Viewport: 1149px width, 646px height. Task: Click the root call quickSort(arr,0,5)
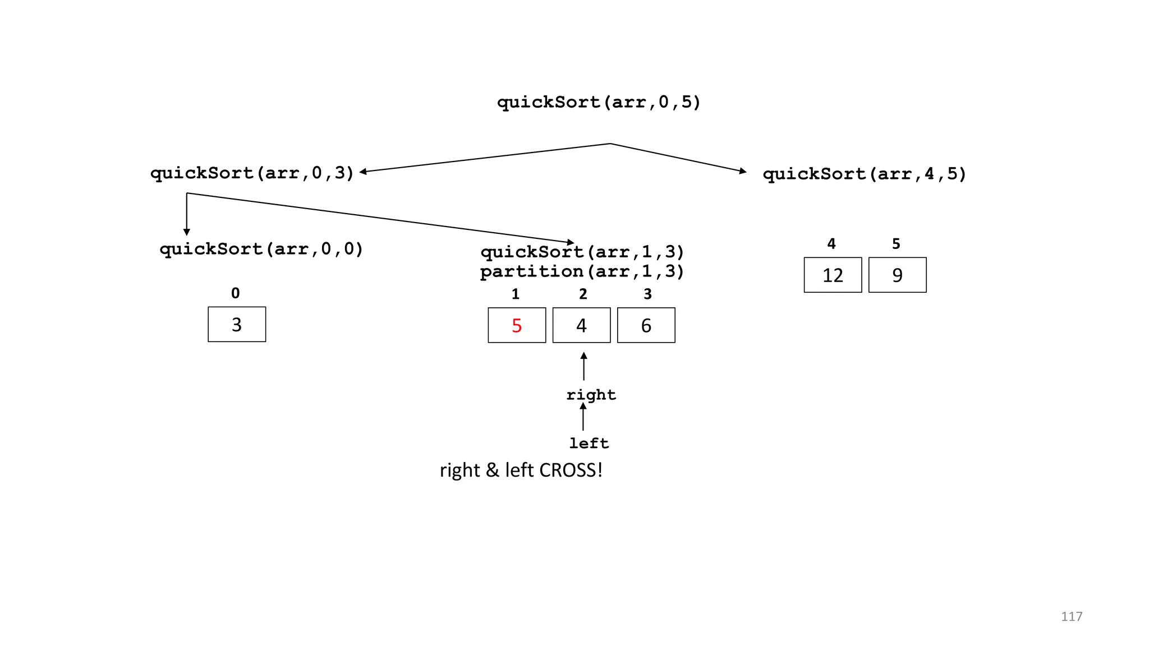coord(599,103)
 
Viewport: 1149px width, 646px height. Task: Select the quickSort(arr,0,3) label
coord(252,173)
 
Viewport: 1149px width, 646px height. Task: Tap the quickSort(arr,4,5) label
coord(864,174)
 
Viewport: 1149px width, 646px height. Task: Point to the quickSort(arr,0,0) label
coord(261,249)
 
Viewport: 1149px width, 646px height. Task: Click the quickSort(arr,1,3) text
coord(582,252)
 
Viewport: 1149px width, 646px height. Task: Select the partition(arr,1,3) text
coord(582,272)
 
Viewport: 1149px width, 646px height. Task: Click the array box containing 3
coord(237,324)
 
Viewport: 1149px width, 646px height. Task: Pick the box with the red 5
coord(517,325)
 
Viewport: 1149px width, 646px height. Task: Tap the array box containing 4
coord(581,325)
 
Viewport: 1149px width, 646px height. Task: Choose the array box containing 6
coord(646,325)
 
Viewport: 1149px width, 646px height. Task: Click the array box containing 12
coord(833,275)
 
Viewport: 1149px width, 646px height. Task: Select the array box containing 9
coord(897,275)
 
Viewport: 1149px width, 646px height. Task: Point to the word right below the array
coord(591,395)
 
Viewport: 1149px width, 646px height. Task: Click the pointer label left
coord(589,444)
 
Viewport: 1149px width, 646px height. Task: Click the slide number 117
coord(1071,617)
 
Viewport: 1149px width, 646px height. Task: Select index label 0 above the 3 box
coord(235,293)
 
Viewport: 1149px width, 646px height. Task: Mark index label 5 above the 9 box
coord(896,244)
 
